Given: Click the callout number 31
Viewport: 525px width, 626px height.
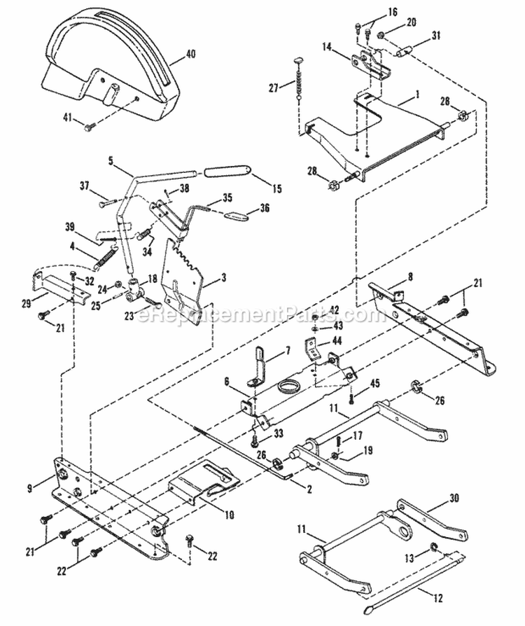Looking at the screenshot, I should coord(436,36).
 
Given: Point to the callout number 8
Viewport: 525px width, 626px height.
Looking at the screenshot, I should coord(411,277).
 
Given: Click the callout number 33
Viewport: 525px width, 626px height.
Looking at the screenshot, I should coord(279,433).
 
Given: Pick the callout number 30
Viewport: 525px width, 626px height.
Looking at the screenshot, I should coord(455,499).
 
